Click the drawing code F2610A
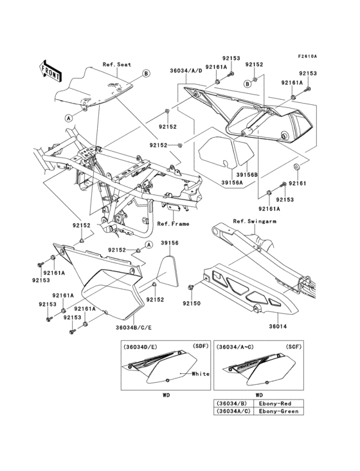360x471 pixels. pos(307,56)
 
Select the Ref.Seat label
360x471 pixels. pos(116,65)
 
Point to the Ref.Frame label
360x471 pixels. pos(172,224)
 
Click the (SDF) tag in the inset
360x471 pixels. pos(200,346)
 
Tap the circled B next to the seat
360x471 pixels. pos(146,74)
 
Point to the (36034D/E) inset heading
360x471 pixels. pos(141,347)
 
